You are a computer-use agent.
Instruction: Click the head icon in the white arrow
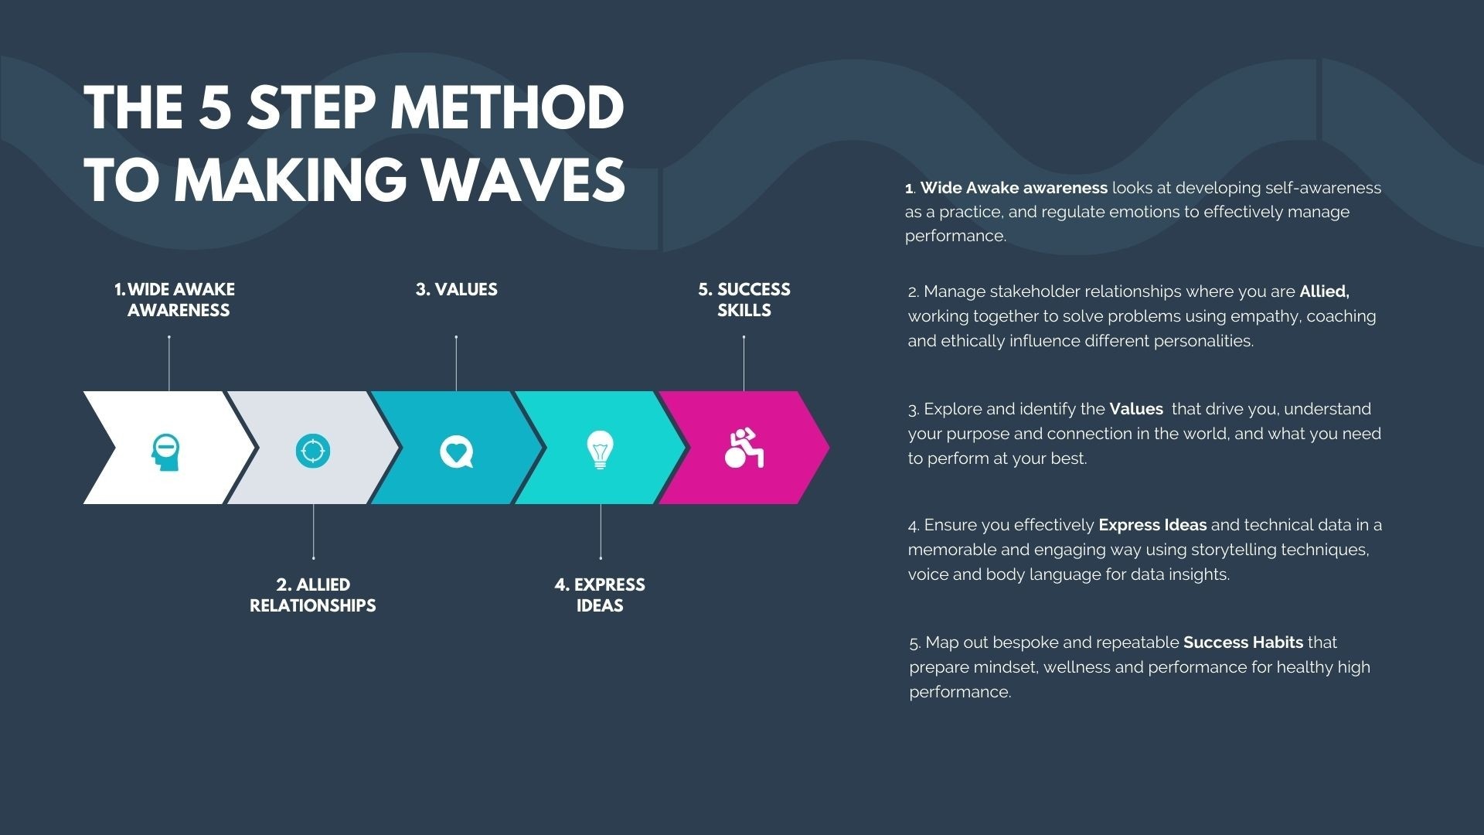coord(165,452)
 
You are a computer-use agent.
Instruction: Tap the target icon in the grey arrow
coord(313,450)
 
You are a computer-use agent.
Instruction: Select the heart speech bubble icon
coord(456,452)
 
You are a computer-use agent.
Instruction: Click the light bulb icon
coord(600,450)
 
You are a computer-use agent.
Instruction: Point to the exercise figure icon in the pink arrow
coord(744,448)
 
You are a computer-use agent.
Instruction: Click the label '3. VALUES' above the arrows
coord(456,289)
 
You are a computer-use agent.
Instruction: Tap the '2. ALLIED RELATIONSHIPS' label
coord(312,595)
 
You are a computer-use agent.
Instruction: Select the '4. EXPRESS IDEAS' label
coord(600,595)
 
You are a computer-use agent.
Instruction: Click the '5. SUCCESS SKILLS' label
coord(744,299)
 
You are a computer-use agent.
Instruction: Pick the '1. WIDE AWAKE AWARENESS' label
coord(175,299)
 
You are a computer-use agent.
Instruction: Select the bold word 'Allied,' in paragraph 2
coord(1324,291)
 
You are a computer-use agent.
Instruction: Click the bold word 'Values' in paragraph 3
coord(1135,409)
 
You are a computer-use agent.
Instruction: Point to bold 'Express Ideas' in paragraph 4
coord(1152,525)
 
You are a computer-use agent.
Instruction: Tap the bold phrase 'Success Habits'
coord(1243,642)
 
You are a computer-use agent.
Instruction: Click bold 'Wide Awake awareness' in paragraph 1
coord(1013,188)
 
